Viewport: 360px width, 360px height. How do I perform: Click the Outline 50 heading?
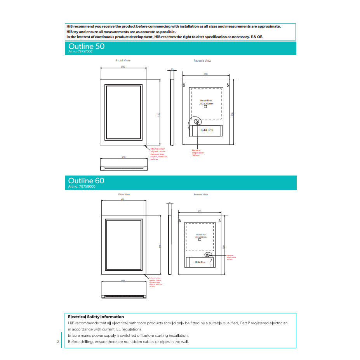86,46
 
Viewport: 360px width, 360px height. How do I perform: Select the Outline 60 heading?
86,181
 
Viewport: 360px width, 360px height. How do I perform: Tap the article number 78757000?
80,52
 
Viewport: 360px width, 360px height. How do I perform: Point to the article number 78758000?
82,186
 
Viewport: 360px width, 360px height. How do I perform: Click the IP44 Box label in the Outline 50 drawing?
207,130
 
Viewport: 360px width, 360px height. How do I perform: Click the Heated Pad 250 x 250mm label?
205,102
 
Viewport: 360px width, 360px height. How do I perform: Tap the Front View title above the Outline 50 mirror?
123,61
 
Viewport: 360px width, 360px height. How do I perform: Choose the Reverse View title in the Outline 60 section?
201,195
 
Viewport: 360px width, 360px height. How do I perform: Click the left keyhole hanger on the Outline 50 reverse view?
184,85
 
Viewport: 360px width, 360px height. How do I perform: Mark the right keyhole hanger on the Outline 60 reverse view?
219,221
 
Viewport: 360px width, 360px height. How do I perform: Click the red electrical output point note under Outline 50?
198,153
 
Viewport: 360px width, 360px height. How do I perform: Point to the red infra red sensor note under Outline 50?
158,154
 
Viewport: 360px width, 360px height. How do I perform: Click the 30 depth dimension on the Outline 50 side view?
172,70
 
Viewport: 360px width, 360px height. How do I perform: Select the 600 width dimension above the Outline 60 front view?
123,200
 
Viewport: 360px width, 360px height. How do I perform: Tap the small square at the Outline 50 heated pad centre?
205,107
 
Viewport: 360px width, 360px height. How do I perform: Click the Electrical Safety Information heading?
96,317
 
